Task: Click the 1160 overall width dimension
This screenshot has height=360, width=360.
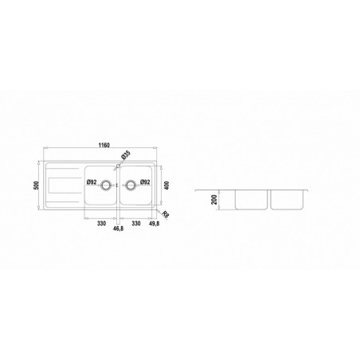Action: pos(104,145)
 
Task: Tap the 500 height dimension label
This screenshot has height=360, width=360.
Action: pos(37,185)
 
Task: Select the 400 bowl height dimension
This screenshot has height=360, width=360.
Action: pos(166,186)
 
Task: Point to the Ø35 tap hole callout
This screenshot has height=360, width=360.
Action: pos(126,155)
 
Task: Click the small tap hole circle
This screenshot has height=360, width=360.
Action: pos(118,166)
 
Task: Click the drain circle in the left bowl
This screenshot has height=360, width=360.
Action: pos(106,185)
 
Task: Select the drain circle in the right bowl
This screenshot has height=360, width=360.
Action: pos(131,185)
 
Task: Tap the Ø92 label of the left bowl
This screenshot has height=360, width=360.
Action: pos(92,182)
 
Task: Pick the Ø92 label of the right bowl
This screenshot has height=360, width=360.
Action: pos(145,182)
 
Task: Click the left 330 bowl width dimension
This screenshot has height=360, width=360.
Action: pos(101,223)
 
